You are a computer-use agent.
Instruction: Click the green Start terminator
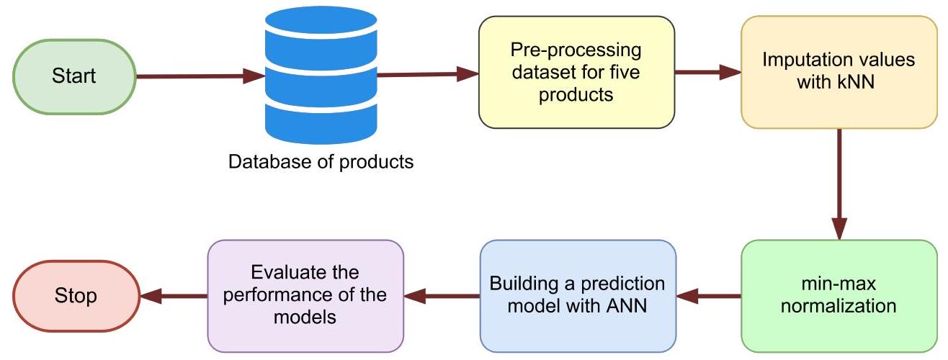tap(73, 76)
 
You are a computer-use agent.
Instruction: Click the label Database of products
tap(321, 161)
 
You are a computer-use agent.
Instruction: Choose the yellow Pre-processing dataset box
tap(576, 73)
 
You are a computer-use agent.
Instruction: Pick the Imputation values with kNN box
tap(839, 73)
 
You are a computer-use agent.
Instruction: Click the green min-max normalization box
tap(839, 295)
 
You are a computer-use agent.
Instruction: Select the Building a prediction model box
tap(578, 295)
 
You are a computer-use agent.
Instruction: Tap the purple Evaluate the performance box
tap(305, 295)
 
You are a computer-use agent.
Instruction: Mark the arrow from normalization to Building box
tap(709, 295)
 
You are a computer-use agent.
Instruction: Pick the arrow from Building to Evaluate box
tap(442, 295)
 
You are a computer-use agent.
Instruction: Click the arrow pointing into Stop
tap(173, 295)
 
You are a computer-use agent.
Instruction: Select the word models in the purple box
tap(305, 316)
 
